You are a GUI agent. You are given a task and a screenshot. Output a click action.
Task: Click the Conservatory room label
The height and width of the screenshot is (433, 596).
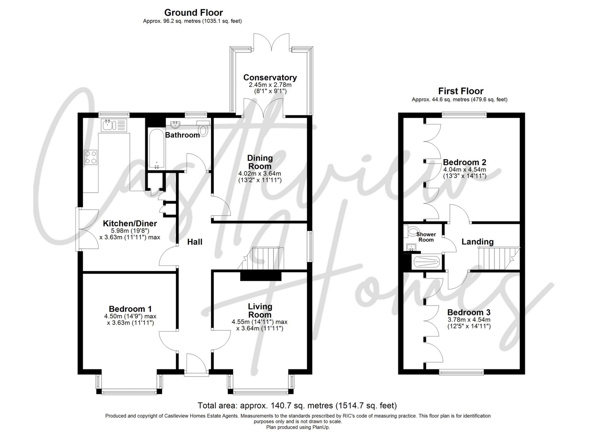click(x=270, y=77)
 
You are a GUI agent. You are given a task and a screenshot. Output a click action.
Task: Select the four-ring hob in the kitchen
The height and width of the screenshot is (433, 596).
click(x=91, y=157)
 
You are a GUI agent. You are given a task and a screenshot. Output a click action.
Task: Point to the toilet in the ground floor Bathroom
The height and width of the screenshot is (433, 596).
click(x=203, y=130)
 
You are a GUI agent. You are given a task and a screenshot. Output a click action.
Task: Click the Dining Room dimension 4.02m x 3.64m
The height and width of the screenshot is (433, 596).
click(x=260, y=174)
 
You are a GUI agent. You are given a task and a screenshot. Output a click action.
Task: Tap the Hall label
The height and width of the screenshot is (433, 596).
click(x=195, y=242)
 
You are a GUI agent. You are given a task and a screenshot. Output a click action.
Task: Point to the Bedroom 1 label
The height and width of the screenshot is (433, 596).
click(x=130, y=309)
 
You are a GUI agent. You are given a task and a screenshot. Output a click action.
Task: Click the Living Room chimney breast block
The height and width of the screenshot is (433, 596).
click(x=261, y=276)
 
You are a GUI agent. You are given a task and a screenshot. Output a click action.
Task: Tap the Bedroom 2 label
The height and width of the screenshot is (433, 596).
click(x=464, y=162)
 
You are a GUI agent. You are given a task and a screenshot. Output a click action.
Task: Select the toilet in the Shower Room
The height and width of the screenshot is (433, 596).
click(x=412, y=231)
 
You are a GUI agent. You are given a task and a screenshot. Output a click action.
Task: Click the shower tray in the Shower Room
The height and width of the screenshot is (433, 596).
click(x=426, y=262)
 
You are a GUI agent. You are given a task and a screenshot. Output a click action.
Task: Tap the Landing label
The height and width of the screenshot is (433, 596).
click(x=477, y=242)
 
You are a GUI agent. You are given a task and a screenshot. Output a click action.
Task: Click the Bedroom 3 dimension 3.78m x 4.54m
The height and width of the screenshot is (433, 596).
click(x=469, y=320)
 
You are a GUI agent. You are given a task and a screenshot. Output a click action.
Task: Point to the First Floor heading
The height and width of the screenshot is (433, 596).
click(x=461, y=91)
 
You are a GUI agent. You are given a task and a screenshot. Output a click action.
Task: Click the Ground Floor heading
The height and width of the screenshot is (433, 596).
click(x=193, y=13)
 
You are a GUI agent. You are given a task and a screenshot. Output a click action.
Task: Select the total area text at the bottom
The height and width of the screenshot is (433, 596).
click(x=297, y=405)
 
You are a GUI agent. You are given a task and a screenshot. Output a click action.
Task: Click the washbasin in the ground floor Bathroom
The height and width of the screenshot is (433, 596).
click(x=176, y=125)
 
